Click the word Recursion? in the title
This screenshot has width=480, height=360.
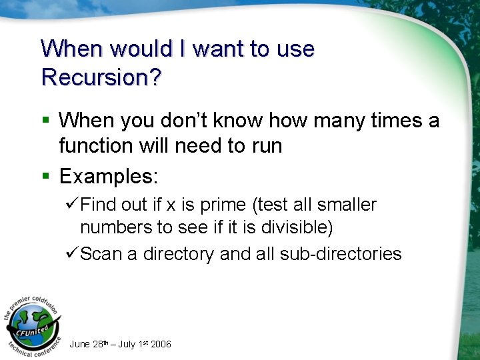[x=101, y=77]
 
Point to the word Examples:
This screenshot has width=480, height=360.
[x=109, y=177]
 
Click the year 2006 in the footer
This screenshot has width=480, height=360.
[x=161, y=345]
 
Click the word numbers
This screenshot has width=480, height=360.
[x=116, y=228]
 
